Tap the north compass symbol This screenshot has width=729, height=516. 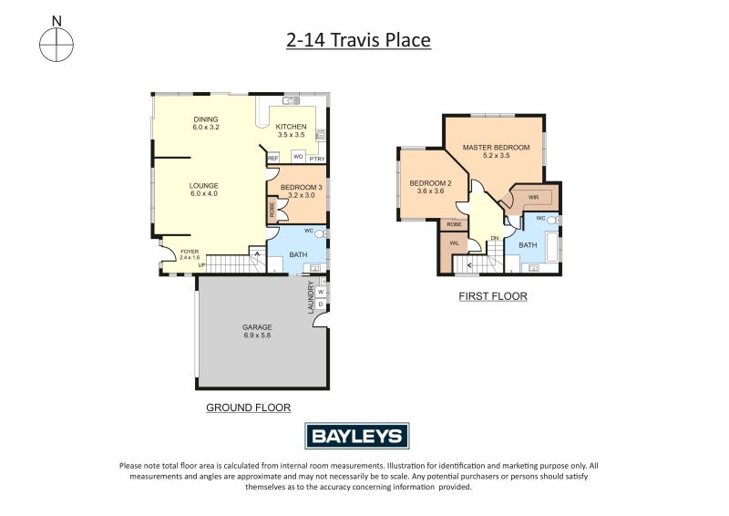click(56, 41)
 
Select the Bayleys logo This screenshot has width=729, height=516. click(356, 436)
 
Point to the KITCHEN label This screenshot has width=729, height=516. click(291, 127)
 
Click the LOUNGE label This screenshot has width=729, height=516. click(204, 187)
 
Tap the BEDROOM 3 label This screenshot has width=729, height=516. click(302, 187)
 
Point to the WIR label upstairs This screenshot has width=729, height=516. click(533, 196)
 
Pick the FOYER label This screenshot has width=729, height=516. click(189, 251)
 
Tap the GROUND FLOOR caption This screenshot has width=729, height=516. click(241, 408)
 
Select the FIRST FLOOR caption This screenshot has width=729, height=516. click(493, 296)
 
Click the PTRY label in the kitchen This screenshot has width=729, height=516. click(316, 160)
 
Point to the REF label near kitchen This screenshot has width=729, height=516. click(272, 159)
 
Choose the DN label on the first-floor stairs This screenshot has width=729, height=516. click(495, 240)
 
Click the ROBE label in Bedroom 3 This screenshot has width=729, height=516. click(272, 210)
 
